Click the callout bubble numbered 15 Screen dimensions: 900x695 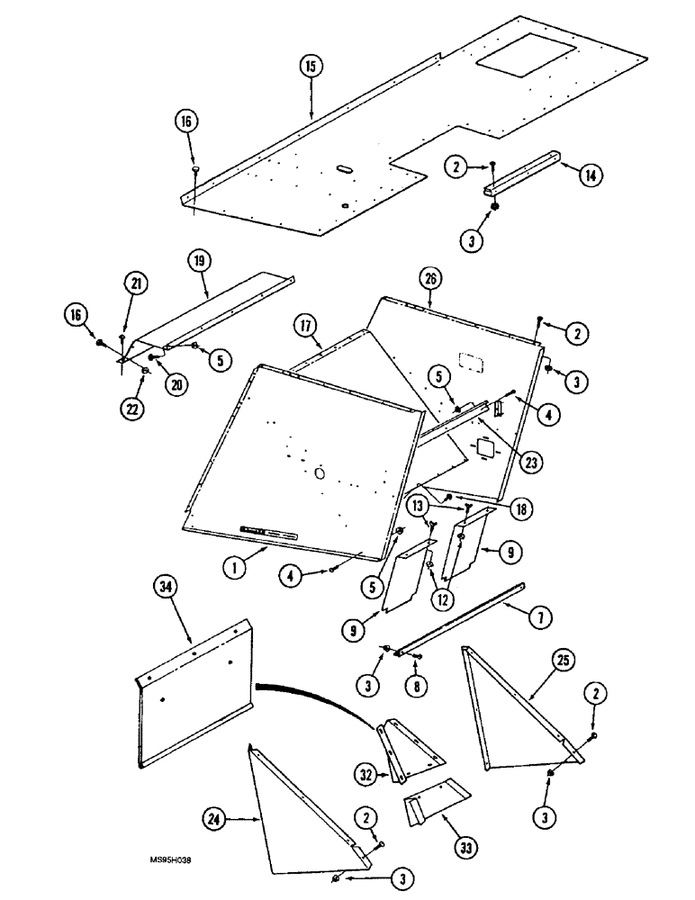tap(310, 67)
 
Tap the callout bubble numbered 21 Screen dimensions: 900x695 tap(135, 284)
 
